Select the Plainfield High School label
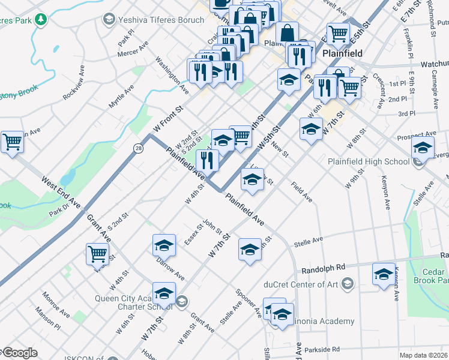369,161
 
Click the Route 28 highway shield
139,148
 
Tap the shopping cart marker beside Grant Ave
97,253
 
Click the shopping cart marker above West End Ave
12,142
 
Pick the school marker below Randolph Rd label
384,274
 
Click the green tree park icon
41,20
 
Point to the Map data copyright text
424,355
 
